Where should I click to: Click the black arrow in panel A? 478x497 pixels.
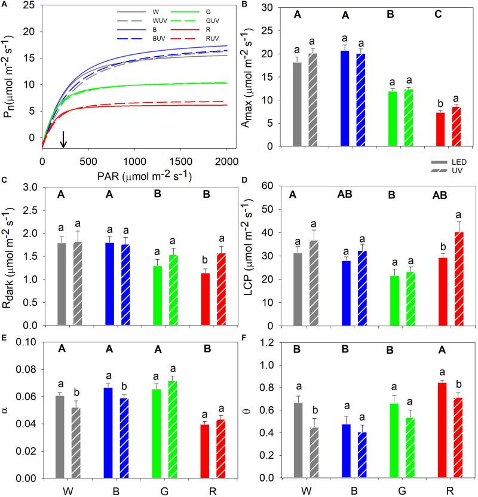pos(64,138)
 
